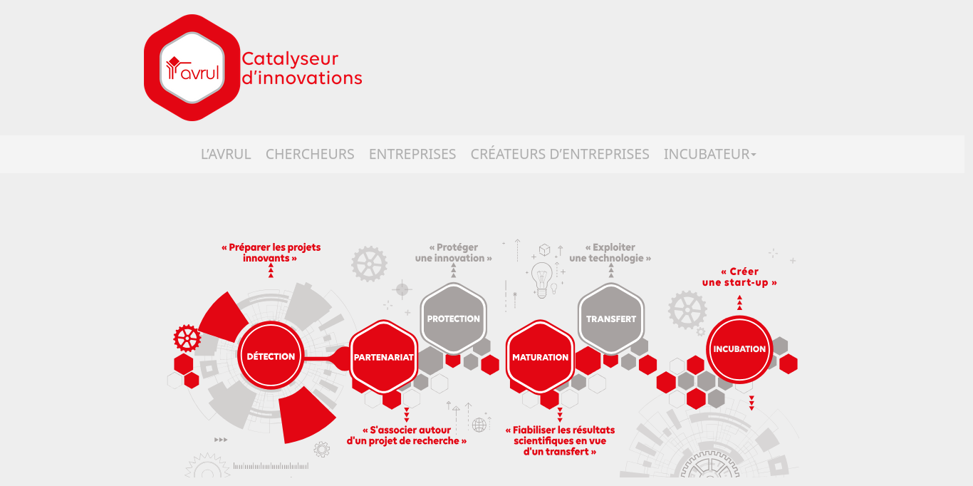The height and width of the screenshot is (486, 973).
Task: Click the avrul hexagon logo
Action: tap(192, 68)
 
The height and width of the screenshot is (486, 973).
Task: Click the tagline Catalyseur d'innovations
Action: tap(301, 68)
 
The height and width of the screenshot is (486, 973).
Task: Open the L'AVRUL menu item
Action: tap(225, 154)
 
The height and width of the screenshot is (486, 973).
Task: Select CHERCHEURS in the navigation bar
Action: tap(310, 154)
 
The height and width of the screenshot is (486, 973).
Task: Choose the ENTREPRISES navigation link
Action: tap(412, 154)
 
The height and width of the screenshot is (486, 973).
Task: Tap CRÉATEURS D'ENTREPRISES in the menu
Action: tap(559, 154)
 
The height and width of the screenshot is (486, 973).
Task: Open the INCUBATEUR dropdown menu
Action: tap(709, 154)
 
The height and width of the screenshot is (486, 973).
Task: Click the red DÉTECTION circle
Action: tap(271, 356)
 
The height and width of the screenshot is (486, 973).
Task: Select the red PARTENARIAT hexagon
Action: tap(383, 357)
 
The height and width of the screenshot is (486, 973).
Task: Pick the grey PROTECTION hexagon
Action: tap(454, 319)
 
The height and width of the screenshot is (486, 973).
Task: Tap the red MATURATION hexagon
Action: tap(540, 357)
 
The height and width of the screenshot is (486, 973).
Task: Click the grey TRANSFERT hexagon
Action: tap(610, 319)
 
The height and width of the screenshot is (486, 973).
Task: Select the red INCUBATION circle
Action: tap(739, 349)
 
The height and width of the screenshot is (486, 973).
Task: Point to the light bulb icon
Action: tap(541, 279)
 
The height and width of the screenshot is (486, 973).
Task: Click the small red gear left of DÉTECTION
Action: tap(187, 338)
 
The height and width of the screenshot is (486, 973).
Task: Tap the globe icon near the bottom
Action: tap(479, 425)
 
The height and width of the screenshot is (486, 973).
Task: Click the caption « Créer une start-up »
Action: tap(739, 277)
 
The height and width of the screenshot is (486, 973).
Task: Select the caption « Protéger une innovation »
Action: tap(454, 252)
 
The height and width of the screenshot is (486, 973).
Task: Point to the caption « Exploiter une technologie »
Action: tap(610, 252)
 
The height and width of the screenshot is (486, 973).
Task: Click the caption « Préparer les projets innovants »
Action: tap(271, 252)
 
